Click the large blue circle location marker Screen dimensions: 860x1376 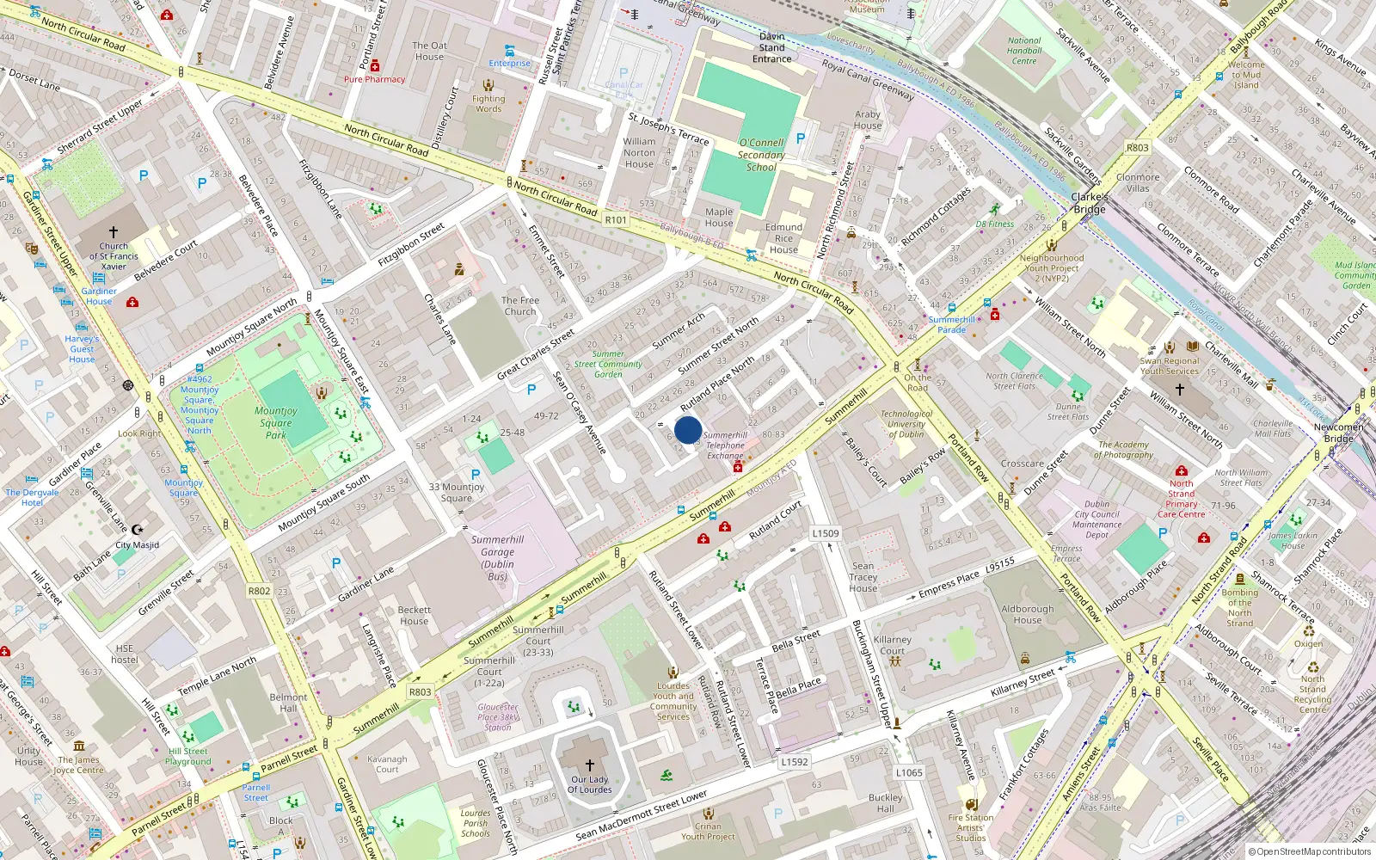(x=688, y=430)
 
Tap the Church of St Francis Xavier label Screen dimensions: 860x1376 (x=113, y=256)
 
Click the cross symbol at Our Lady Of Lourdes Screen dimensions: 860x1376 (x=590, y=765)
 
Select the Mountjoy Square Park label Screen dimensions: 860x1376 (x=276, y=422)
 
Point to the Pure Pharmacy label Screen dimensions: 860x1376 (x=374, y=79)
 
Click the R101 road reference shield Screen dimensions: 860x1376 (x=616, y=220)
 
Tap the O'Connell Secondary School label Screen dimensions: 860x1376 (x=761, y=155)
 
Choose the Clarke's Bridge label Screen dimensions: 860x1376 (x=1089, y=203)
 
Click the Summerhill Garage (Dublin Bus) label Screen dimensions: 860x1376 (x=497, y=558)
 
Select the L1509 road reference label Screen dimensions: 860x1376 (x=826, y=533)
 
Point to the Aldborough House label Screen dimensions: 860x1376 (x=1028, y=614)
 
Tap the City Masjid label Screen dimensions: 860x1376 (x=138, y=544)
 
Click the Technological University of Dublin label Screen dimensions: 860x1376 (x=906, y=424)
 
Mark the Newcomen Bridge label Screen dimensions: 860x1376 (x=1338, y=433)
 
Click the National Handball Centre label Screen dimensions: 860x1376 (x=1024, y=51)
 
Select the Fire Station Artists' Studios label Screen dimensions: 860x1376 (x=971, y=828)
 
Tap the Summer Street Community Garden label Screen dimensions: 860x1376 (x=608, y=364)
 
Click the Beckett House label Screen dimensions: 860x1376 (x=414, y=616)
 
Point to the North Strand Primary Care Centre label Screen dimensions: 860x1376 (x=1181, y=499)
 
